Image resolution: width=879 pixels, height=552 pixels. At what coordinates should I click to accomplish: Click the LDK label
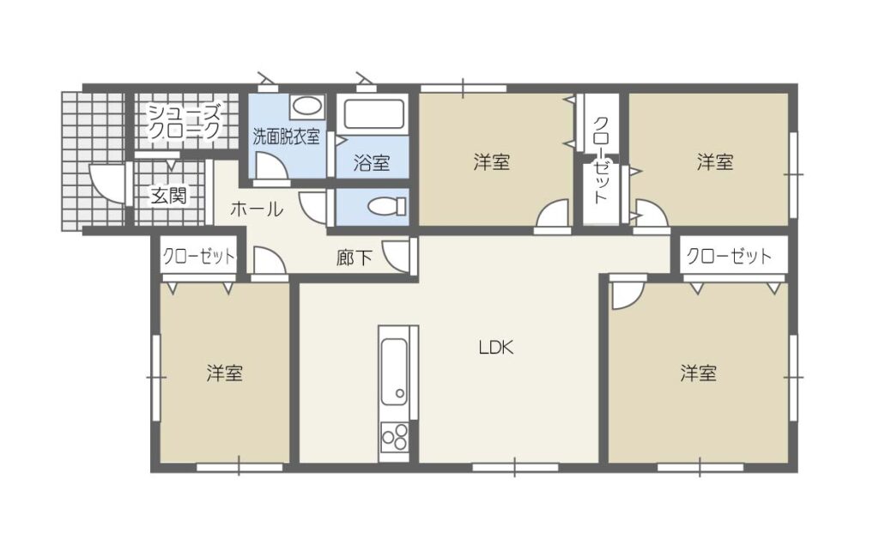point(496,348)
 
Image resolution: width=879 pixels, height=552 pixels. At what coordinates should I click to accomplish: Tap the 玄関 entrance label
point(169,196)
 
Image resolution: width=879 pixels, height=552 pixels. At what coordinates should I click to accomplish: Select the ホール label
point(257,209)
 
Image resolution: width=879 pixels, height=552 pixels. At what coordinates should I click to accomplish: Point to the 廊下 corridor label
point(355,258)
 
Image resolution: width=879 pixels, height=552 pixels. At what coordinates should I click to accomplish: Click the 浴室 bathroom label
point(372,162)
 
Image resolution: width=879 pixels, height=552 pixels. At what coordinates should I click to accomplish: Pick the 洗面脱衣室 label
point(286,136)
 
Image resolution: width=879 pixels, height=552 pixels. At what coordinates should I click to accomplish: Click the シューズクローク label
point(184,121)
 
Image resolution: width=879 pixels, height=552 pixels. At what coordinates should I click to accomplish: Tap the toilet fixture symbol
point(387,206)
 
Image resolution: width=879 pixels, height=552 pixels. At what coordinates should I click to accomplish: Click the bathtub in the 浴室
point(374,114)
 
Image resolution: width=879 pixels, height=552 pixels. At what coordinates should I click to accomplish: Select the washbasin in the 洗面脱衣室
point(306,106)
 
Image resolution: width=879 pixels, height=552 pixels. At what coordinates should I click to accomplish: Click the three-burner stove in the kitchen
point(394,436)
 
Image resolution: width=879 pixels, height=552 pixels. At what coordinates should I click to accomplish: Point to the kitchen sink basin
point(394,371)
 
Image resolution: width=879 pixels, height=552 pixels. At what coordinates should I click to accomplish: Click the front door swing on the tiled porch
point(106,182)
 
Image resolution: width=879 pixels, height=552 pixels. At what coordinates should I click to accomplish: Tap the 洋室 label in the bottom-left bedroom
point(224,373)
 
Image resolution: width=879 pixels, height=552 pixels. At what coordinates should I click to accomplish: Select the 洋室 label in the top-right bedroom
point(715,162)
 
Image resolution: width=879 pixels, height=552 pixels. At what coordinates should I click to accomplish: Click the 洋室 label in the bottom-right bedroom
point(699,373)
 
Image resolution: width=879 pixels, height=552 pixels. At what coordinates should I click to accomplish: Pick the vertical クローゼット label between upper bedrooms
point(600,159)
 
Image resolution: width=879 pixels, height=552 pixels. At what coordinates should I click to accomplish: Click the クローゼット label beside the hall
point(199,257)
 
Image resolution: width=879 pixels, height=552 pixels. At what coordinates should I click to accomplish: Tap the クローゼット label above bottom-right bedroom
point(729,256)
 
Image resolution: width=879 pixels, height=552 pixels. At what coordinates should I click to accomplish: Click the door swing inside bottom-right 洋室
point(626,295)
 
